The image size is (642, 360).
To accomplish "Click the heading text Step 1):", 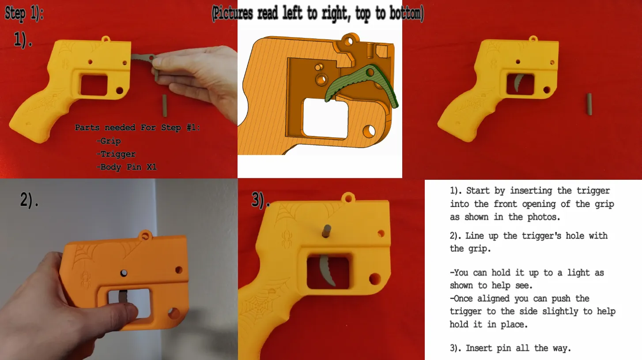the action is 24,13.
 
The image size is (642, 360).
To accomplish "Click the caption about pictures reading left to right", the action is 318,13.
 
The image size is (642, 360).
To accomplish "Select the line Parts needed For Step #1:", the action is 137,128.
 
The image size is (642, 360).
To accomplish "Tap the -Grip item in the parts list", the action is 109,141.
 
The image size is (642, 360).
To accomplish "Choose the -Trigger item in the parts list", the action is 116,154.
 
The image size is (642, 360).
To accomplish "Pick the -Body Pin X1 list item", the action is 127,167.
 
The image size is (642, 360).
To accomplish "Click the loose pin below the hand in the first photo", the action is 165,106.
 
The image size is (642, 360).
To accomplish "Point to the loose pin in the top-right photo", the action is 589,104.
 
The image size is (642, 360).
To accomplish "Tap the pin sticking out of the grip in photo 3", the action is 327,231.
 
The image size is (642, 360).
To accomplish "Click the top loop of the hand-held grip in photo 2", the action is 145,235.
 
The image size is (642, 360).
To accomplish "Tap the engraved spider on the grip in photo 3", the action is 286,239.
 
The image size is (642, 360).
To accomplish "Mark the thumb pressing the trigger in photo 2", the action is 126,311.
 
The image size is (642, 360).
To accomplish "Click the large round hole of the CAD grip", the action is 369,131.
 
